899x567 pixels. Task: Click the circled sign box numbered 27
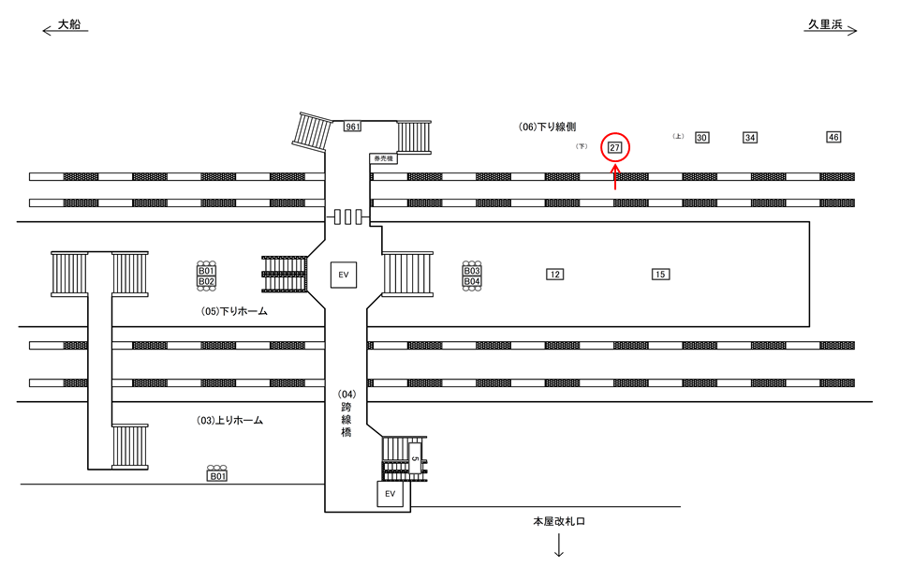pos(615,147)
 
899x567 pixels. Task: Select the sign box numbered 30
pos(701,138)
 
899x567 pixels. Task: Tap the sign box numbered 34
pos(750,138)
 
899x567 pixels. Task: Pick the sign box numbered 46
pos(833,137)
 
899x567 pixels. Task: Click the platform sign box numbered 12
pos(555,274)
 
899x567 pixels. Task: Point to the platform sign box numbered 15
pos(661,274)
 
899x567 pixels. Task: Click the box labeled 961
pos(352,127)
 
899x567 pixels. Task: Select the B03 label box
pos(472,271)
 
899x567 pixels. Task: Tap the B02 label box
pos(206,281)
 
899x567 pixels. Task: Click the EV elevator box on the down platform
pos(344,275)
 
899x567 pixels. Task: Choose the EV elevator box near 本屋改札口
pos(391,493)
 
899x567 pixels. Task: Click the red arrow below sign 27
pos(615,177)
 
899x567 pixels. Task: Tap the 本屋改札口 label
pos(558,521)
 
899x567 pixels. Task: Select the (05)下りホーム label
pos(234,311)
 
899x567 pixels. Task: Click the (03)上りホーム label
pos(229,421)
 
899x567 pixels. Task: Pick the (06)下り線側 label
pos(548,127)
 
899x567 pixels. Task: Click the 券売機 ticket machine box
pos(382,159)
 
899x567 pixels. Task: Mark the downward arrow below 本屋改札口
pos(558,545)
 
